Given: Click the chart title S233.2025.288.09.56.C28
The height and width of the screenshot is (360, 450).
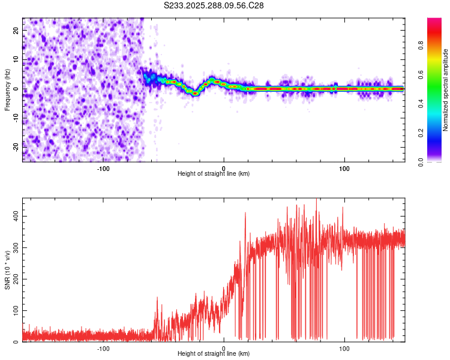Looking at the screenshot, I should tap(214, 5).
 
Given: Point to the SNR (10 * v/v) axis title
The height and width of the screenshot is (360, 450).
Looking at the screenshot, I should tap(7, 270).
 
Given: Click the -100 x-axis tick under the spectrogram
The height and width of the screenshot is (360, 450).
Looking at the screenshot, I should tap(103, 169).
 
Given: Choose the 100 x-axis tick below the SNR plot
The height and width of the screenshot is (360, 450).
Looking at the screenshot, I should tap(344, 349).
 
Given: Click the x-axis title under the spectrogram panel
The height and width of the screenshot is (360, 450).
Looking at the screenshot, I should tap(214, 174).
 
